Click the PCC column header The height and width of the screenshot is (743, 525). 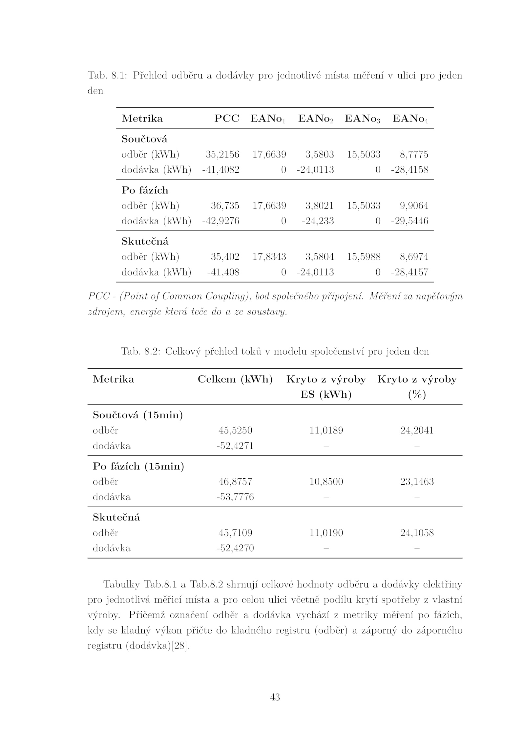(x=226, y=119)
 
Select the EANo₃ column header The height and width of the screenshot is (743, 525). (x=362, y=119)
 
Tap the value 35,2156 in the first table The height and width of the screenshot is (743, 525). (x=222, y=154)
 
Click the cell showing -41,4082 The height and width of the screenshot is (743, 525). (x=220, y=170)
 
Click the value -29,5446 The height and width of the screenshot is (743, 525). (x=409, y=221)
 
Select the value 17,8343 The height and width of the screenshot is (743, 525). (x=269, y=257)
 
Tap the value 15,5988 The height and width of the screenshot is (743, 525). (x=364, y=257)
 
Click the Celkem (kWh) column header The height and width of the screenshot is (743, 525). (x=235, y=380)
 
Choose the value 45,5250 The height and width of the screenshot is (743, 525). (x=235, y=430)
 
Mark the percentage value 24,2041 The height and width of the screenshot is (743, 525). (x=417, y=430)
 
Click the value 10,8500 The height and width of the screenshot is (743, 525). (x=326, y=482)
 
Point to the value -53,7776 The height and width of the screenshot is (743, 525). (x=235, y=497)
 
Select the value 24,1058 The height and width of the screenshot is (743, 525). (x=417, y=533)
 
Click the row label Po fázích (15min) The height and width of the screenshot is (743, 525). (x=138, y=466)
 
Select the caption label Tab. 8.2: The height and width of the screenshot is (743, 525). (x=140, y=352)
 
